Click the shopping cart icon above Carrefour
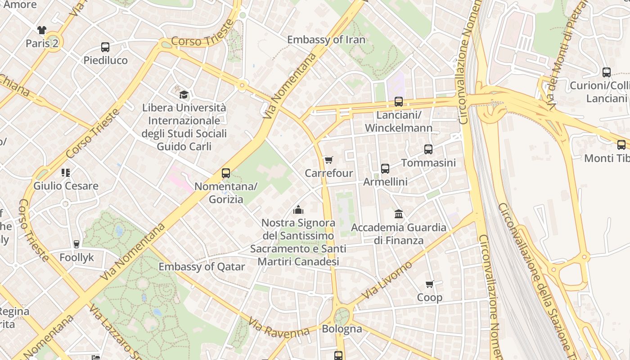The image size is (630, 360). pos(328,160)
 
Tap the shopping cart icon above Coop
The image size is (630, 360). pos(429,284)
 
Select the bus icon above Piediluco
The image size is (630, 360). pos(105,47)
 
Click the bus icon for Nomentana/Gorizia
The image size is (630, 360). pos(226,173)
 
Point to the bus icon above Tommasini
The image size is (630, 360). pos(428,149)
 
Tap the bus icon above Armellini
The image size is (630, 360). pos(385,169)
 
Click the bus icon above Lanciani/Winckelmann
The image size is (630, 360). pos(399,102)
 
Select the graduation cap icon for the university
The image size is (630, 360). pos(184,94)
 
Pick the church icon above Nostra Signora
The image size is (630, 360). pos(298,210)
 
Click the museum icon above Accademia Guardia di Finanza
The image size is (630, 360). pos(399,214)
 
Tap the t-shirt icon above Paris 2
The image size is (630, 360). pos(42,30)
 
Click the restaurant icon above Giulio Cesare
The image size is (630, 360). pos(66,173)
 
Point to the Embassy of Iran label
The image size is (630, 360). pos(326,40)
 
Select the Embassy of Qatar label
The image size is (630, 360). pos(202,266)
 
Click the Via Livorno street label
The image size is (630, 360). pos(387,280)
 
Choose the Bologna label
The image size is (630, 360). pos(342,329)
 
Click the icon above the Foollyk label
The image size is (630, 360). pos(76,244)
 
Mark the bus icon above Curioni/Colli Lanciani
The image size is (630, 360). pos(607,72)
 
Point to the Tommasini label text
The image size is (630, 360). pos(428,162)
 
